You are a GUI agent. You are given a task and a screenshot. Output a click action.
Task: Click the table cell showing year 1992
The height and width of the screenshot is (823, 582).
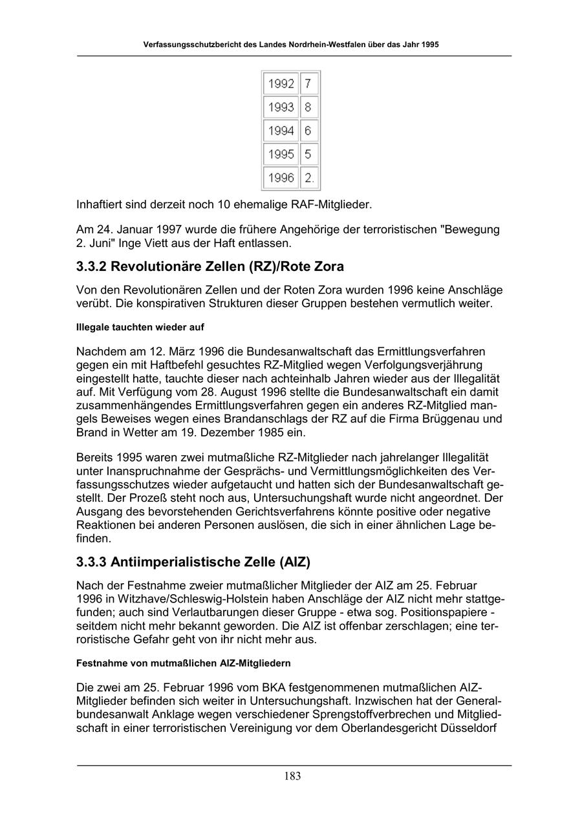tap(281, 84)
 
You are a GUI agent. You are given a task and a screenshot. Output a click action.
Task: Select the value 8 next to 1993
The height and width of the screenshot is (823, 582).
tap(308, 107)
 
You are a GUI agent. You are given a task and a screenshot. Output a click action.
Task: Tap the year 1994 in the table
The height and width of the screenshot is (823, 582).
tap(281, 131)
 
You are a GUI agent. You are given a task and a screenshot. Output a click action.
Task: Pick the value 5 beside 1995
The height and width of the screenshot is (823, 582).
tap(308, 155)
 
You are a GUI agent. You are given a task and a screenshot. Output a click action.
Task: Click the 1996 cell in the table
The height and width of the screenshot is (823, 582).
tap(281, 178)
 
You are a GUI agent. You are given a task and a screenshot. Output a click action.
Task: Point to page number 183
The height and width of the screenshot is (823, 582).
tap(292, 776)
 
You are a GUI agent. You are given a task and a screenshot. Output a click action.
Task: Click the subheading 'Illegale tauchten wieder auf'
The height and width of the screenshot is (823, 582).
tap(140, 328)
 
